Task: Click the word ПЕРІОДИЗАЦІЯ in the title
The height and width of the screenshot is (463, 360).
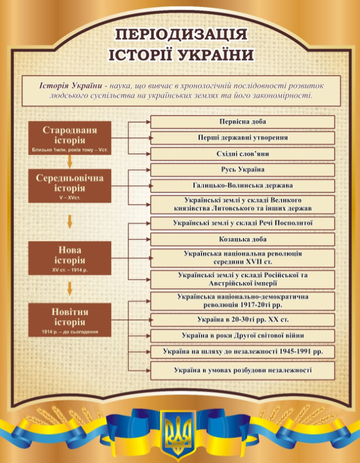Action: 181,35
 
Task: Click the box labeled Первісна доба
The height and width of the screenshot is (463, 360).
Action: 242,122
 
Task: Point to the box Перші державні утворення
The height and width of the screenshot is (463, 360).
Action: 242,138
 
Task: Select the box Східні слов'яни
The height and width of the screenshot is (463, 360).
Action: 242,154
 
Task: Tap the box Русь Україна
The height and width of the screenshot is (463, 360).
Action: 242,170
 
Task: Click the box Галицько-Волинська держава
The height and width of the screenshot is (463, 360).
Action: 242,186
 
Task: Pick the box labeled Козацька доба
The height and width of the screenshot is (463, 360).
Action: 242,239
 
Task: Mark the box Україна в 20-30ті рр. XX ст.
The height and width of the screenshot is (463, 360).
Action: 242,320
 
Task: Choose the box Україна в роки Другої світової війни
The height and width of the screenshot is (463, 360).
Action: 242,336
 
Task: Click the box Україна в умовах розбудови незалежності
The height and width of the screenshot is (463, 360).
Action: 242,370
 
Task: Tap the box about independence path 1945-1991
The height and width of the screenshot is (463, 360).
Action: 242,352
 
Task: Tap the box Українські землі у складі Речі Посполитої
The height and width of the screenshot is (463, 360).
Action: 242,223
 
